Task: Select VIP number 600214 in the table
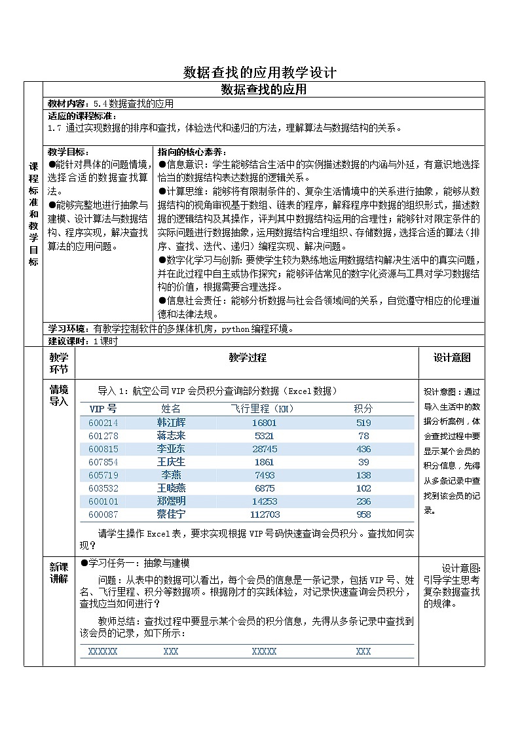tap(103, 423)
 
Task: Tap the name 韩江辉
tap(172, 423)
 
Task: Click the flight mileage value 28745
tap(264, 449)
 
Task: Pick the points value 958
tap(363, 514)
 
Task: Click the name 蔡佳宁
tap(172, 514)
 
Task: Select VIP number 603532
tap(103, 488)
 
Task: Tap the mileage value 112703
tap(264, 514)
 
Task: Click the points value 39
tap(363, 462)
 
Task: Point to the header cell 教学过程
tap(248, 357)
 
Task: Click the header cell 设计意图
tap(452, 358)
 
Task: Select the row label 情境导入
tap(59, 395)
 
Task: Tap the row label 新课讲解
tap(59, 572)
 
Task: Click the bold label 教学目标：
tap(69, 151)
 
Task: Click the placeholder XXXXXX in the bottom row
tap(103, 651)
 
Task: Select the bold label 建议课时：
tap(70, 341)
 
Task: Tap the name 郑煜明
tap(172, 501)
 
